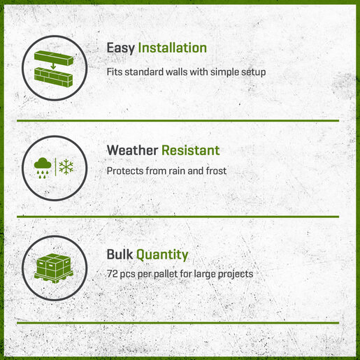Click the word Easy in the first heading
(x=120, y=49)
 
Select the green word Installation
(x=173, y=48)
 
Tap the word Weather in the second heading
(x=132, y=150)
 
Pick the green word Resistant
(x=191, y=150)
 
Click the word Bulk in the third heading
(x=120, y=254)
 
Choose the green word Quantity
(x=162, y=255)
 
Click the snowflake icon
(x=66, y=167)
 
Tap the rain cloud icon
(x=43, y=168)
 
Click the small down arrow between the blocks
(x=53, y=66)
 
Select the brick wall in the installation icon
(x=53, y=77)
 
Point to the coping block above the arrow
(x=54, y=57)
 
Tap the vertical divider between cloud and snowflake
(x=55, y=167)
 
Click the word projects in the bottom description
(x=236, y=275)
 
